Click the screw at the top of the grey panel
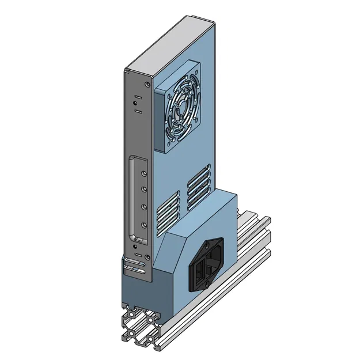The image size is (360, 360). point(149,84)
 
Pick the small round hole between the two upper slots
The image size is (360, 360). point(136,98)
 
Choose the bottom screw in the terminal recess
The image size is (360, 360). point(142,225)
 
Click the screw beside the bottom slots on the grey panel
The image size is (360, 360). point(149,257)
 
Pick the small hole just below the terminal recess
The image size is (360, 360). point(136,246)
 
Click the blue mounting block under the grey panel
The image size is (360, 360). point(144,288)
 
